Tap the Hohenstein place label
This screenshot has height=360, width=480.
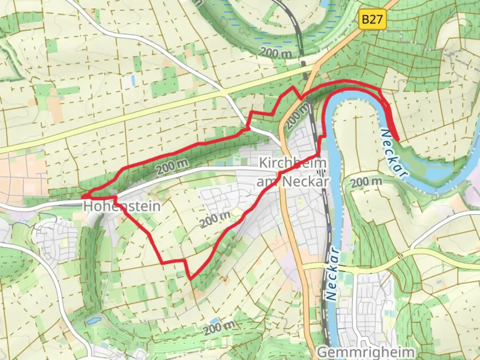coord(122,206)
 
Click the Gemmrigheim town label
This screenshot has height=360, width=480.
coord(366,352)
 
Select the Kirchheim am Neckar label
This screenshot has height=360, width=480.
coord(292,172)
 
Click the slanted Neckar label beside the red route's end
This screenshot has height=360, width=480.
coord(394,152)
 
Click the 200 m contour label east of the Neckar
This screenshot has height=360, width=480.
coord(366,182)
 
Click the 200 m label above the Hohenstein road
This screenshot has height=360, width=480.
coord(172,166)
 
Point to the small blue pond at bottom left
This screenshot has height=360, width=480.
coord(93,321)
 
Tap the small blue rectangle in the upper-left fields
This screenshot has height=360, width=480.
coord(133,80)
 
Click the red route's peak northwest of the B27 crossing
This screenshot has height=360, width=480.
coord(293,87)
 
